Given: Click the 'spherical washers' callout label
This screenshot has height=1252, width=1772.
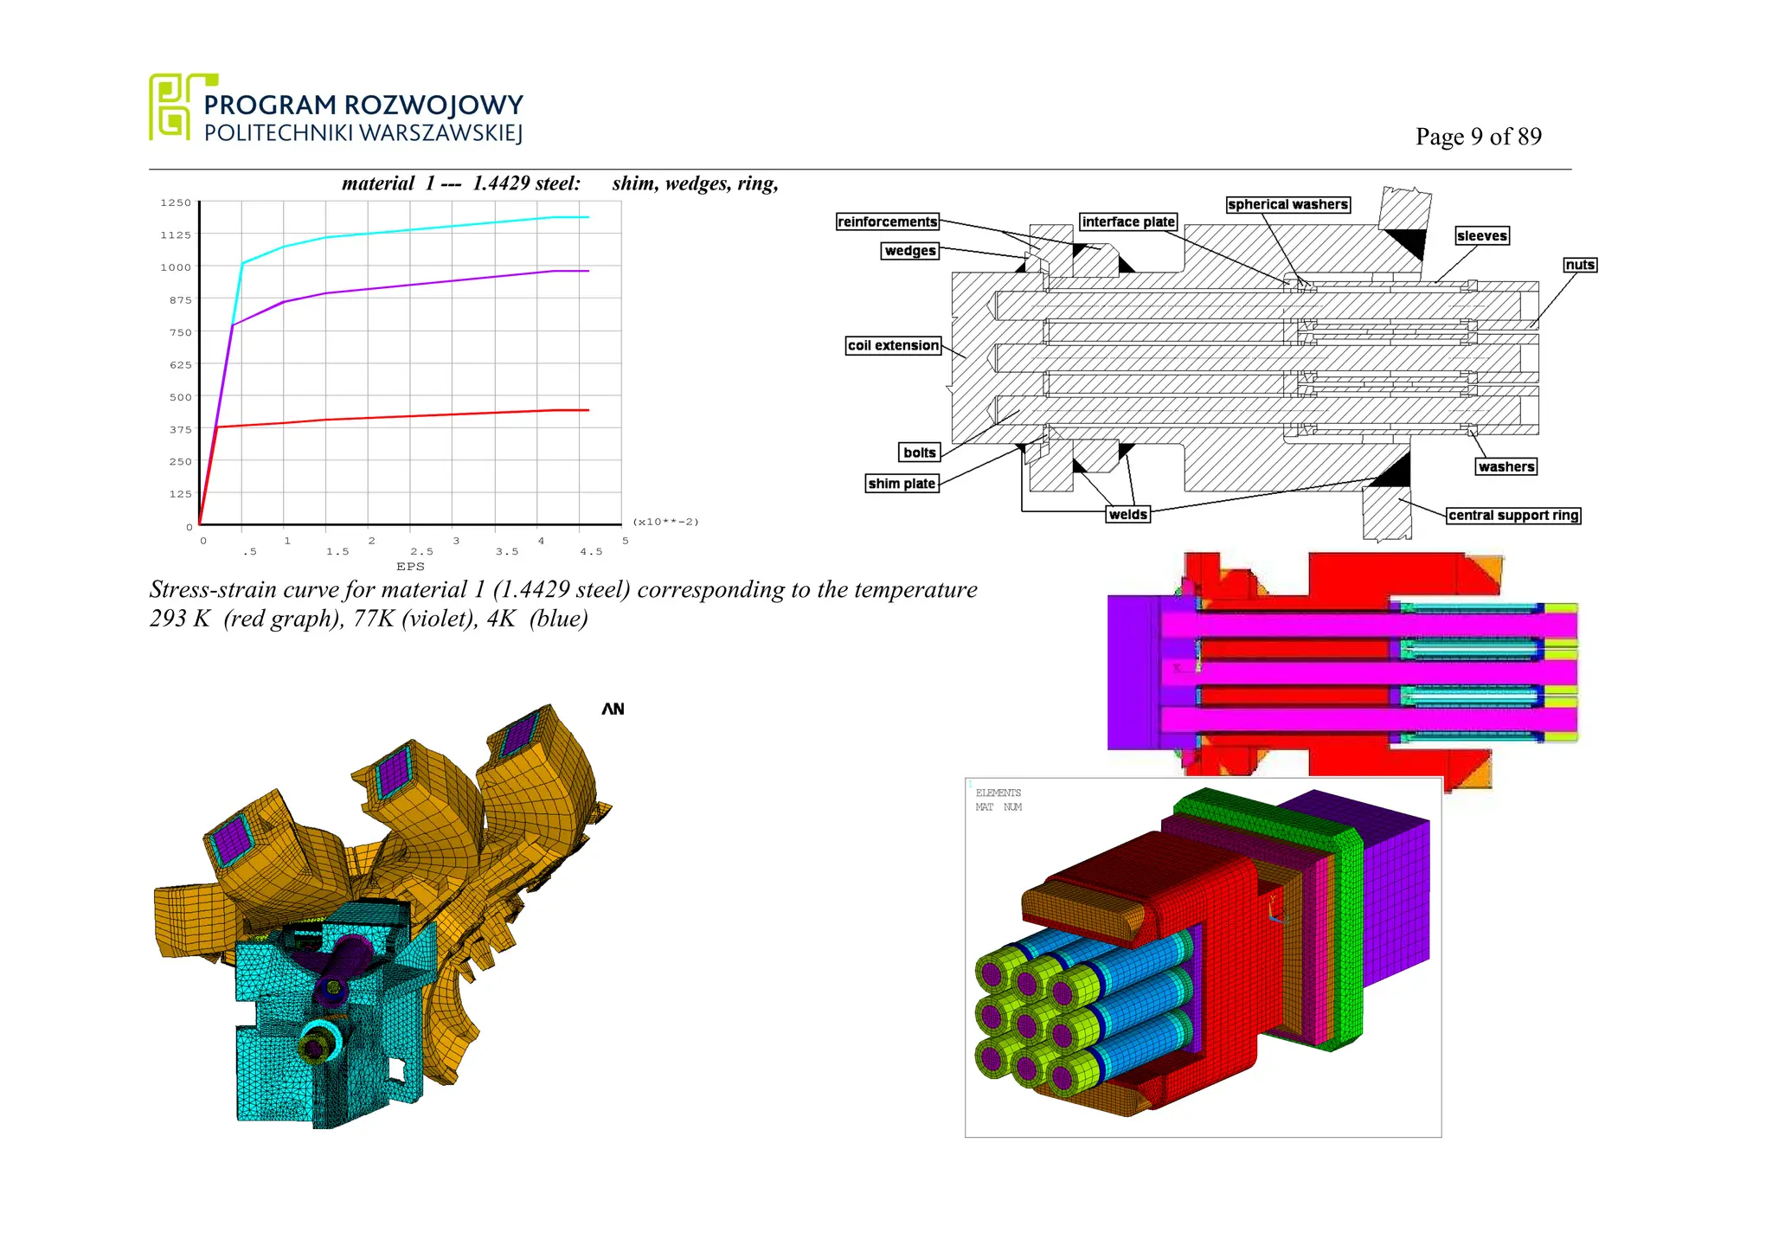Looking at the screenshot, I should coord(1287,204).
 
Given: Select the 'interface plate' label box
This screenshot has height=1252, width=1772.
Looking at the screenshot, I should coord(1128,222).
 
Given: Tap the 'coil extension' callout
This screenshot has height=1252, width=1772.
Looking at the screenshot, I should coord(893,345).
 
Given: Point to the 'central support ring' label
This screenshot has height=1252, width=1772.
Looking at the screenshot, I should coord(1513,516).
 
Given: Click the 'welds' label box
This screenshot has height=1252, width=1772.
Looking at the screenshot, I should coord(1128,515).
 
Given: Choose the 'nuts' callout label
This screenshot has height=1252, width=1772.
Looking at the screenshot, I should coord(1579,265).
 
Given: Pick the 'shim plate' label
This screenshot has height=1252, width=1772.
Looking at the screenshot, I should coord(902,484).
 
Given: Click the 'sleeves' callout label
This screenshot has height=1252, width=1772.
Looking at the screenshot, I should coord(1481,236).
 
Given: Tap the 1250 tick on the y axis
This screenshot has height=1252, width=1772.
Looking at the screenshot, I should coord(176,202).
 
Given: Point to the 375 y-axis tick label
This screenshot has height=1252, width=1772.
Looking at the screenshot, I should coord(180,429).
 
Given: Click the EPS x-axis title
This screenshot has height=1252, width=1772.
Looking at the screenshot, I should coord(410,567).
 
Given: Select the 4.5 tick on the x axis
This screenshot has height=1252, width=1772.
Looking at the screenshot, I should coord(591,552).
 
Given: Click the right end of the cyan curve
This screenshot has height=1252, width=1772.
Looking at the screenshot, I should coord(588,217).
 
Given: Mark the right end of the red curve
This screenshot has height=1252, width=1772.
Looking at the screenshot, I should coord(588,410).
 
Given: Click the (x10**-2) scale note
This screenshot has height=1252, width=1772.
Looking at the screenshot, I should coord(665,522).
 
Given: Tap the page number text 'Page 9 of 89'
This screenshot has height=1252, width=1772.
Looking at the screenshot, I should coord(1478,137).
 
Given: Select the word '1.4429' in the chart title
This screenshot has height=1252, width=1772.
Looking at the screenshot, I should coord(501,183).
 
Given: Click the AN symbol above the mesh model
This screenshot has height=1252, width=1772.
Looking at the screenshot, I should coord(613,709).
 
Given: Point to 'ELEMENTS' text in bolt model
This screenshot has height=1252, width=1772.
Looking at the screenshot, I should coord(998,793).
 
